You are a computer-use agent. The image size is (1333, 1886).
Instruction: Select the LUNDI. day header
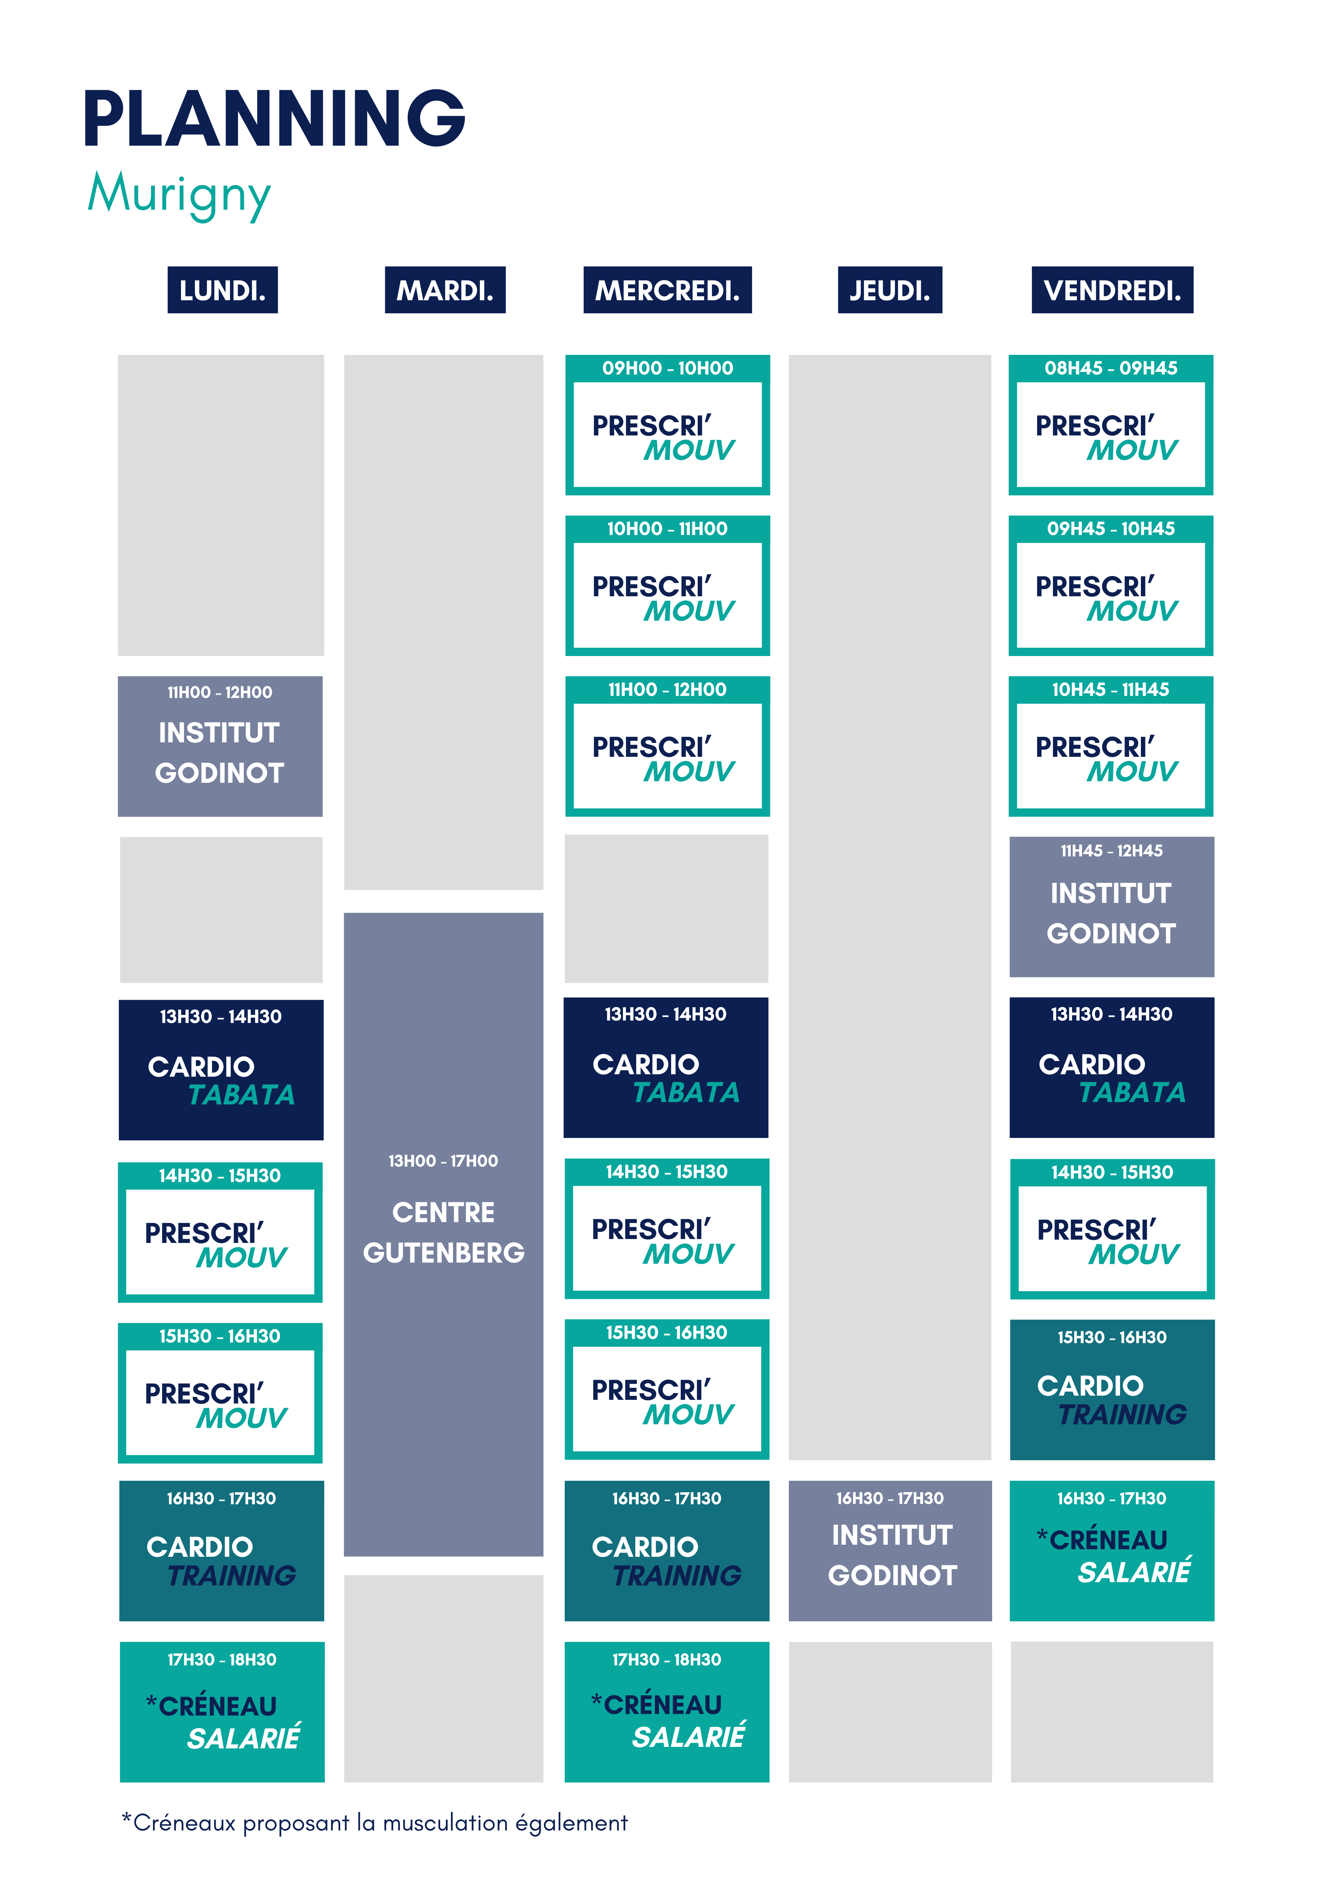point(223,290)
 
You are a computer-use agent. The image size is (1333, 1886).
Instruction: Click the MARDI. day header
point(445,290)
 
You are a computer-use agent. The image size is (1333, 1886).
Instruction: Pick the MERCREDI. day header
point(667,290)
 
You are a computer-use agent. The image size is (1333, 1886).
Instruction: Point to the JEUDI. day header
point(890,290)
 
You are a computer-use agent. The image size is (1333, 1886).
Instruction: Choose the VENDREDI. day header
point(1112,290)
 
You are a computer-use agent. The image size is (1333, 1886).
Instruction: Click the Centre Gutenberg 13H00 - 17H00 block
point(443,1232)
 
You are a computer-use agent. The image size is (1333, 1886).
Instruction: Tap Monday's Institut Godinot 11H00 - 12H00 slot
point(220,746)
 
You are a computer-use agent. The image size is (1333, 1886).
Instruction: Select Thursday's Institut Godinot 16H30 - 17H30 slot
point(890,1550)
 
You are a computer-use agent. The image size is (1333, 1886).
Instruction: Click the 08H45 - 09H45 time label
point(1110,368)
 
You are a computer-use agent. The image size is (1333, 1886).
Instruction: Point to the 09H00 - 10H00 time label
point(667,368)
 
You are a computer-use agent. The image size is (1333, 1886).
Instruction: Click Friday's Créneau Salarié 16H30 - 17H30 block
point(1112,1550)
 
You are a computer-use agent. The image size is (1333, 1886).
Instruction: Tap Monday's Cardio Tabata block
point(221,1069)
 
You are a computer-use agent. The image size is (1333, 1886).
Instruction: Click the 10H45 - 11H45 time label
point(1110,689)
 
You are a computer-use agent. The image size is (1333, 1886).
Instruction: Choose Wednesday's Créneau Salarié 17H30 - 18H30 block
point(667,1711)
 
